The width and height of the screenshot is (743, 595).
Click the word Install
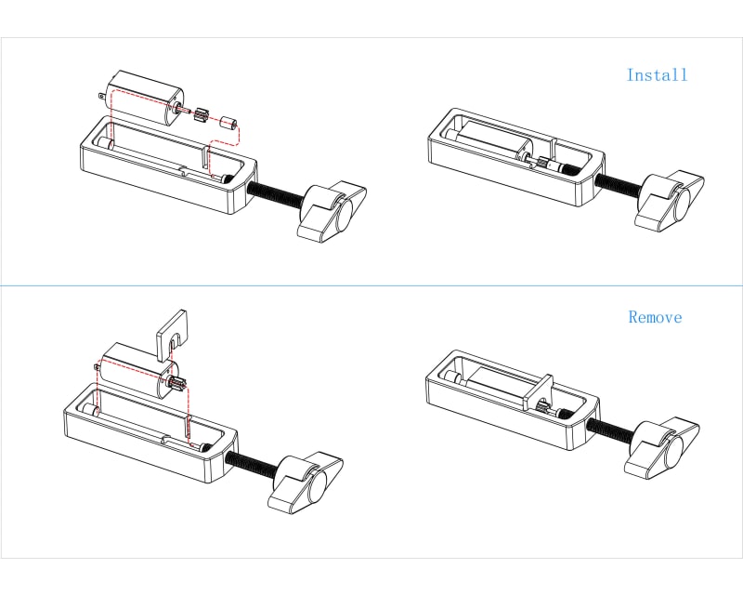[657, 75]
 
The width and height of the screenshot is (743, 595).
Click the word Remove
[655, 317]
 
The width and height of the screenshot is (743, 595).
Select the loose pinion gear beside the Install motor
[201, 117]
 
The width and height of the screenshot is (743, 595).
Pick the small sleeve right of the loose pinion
[229, 123]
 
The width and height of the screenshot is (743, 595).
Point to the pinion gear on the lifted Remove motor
[177, 382]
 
